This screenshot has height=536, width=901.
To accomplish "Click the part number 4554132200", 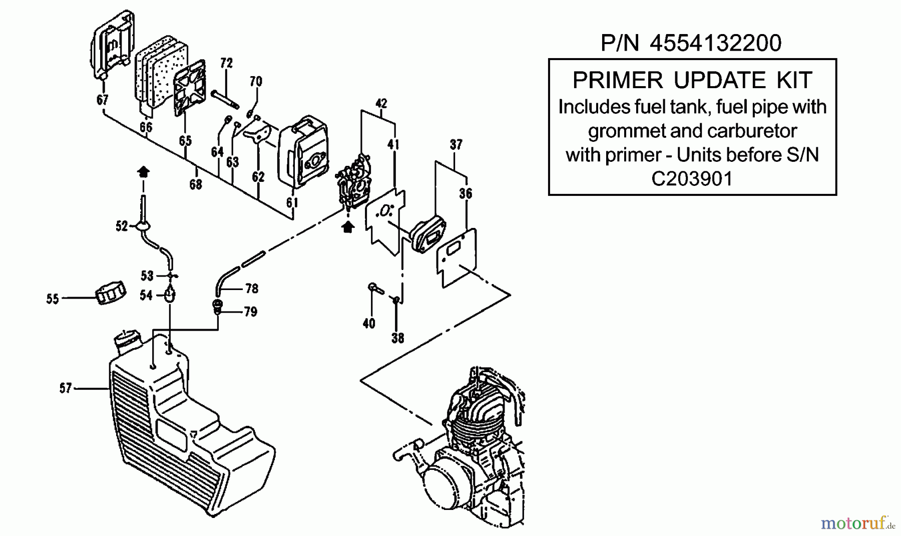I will [x=715, y=43].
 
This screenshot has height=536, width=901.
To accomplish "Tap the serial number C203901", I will [x=692, y=178].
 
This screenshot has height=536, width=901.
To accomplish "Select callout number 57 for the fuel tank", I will [x=66, y=388].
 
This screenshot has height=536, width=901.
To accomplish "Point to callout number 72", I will [x=226, y=63].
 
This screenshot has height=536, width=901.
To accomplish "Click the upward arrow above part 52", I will [x=143, y=172].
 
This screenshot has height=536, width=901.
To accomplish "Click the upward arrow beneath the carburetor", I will [x=347, y=227].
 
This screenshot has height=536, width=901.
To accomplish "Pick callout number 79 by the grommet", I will [x=250, y=312].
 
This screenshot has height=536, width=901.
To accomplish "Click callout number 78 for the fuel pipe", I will [x=252, y=289].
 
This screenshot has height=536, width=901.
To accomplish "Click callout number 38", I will [x=397, y=338].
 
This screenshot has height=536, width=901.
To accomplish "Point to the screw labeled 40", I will [x=375, y=289].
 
